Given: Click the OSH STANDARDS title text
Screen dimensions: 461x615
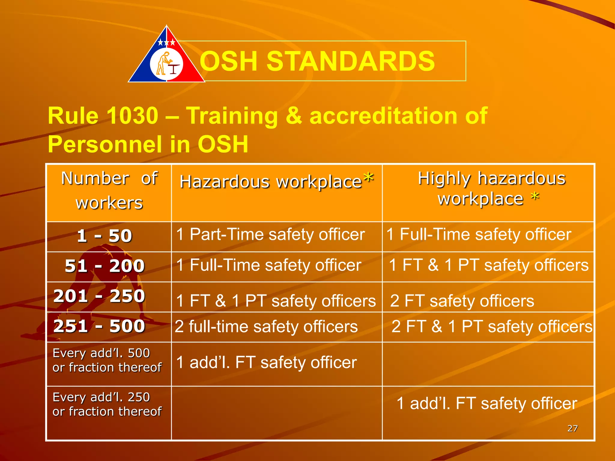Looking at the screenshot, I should tap(317, 61).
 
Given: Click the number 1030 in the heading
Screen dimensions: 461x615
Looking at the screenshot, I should tap(132, 116).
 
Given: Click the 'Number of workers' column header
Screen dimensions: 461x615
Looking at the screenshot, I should tap(109, 190).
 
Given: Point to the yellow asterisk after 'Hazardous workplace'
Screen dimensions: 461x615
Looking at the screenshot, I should tap(368, 178).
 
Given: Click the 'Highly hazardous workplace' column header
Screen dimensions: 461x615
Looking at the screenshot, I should tap(492, 188).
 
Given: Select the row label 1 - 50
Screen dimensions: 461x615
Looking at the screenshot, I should tap(105, 236).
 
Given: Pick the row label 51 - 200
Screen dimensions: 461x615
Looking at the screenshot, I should tap(105, 266).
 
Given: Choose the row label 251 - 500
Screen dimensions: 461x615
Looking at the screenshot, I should tap(99, 326).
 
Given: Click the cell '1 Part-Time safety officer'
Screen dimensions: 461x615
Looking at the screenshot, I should tap(270, 234).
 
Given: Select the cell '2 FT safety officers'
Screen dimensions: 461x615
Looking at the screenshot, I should tap(462, 301).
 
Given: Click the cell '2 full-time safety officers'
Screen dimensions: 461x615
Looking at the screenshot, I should tap(266, 327).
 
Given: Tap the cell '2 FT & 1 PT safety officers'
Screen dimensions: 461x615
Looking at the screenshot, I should tap(492, 327).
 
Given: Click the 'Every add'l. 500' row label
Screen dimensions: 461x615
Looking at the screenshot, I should tap(107, 360).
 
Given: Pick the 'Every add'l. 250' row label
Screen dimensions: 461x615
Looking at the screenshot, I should tap(107, 404).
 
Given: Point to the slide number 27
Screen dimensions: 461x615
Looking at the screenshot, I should tap(572, 428).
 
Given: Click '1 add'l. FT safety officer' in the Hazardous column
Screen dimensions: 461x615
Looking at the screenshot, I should tap(266, 362).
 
